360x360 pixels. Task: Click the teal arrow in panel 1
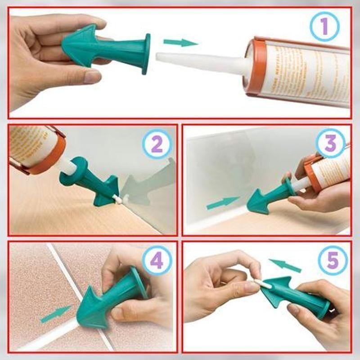coord(180,43)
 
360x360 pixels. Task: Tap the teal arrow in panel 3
coord(223,203)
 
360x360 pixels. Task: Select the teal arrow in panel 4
coord(55,314)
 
